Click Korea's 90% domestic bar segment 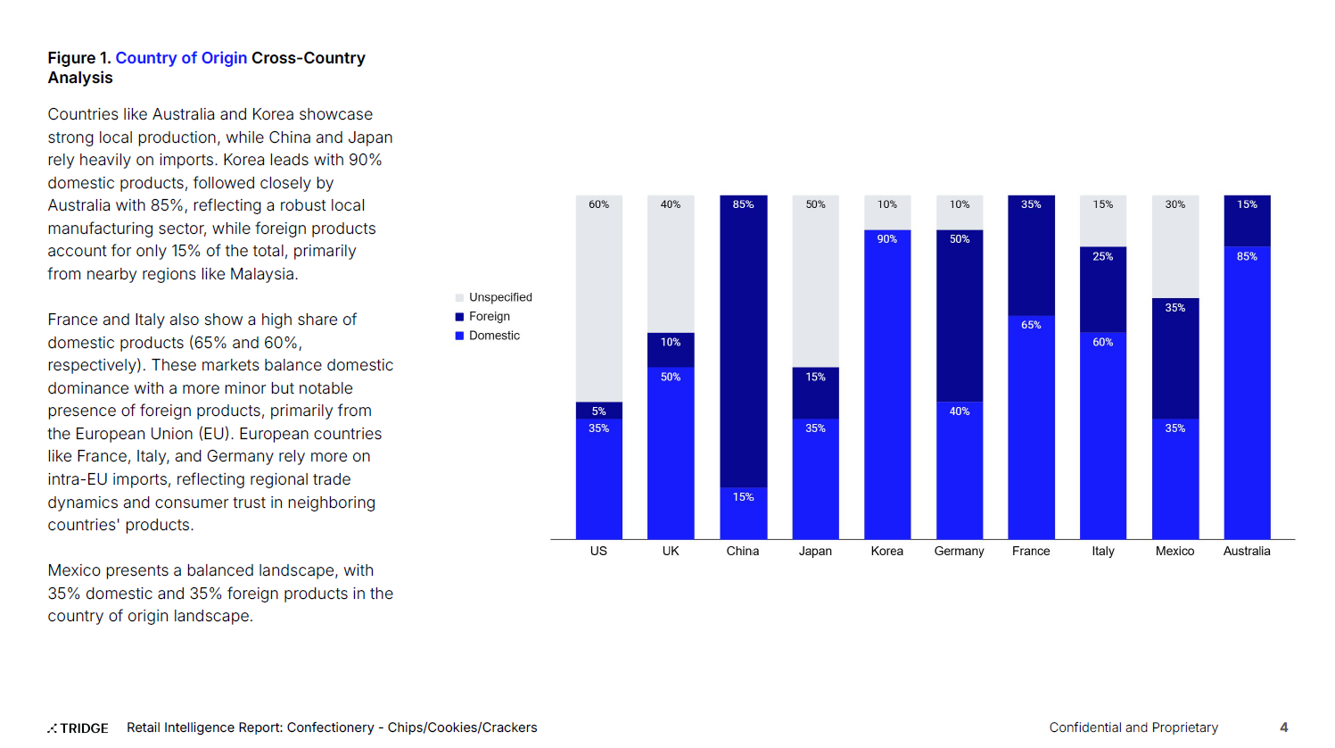click(886, 384)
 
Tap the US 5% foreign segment click(598, 411)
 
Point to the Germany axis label click(959, 552)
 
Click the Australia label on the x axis click(1246, 552)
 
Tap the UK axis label click(671, 552)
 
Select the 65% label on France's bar click(1031, 325)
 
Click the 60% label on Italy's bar click(1102, 342)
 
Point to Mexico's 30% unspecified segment click(1174, 246)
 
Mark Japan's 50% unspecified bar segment click(815, 281)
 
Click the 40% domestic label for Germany click(959, 411)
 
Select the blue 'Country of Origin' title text click(181, 58)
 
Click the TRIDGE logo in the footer click(78, 728)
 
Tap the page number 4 click(1283, 727)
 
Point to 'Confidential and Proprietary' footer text click(1133, 727)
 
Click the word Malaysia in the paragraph click(263, 274)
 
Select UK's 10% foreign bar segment click(671, 350)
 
